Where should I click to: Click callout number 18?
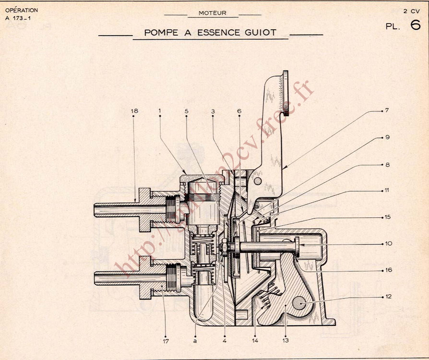(134, 111)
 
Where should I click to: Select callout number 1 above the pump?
(159, 111)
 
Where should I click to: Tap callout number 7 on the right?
(387, 110)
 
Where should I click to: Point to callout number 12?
(388, 297)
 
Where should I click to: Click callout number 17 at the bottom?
(166, 341)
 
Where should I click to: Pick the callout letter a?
(195, 341)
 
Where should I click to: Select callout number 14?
(256, 341)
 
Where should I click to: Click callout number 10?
(388, 243)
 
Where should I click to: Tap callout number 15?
(388, 217)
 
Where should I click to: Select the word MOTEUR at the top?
(212, 13)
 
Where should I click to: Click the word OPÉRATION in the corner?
(22, 10)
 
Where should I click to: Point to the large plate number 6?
(416, 25)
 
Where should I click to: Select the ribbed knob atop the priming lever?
(285, 93)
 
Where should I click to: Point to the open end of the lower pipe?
(95, 278)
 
